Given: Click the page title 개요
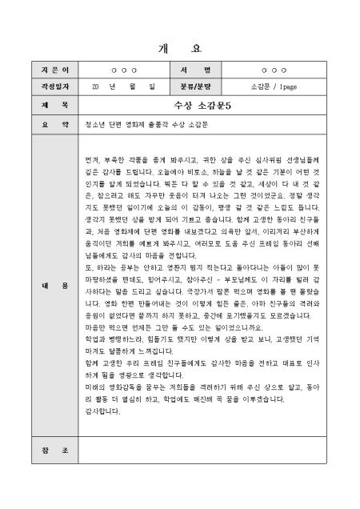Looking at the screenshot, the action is pos(181,47).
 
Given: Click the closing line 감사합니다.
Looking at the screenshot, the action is pos(101,411).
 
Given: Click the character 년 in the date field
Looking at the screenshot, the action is pos(113,86).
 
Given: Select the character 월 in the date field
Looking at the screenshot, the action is pos(133,86).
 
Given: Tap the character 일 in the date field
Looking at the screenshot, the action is pos(151,86).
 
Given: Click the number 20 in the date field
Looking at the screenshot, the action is pos(94,86).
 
